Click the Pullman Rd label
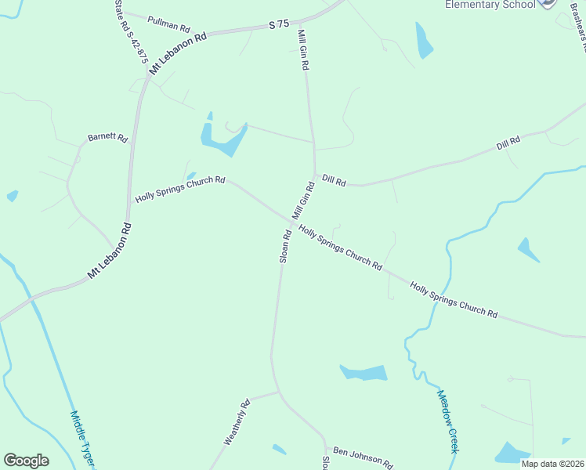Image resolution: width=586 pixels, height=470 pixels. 168,22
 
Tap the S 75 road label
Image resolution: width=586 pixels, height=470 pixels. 279,25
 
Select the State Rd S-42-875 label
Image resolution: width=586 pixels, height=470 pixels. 131,37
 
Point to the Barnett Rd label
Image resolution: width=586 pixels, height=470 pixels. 107,138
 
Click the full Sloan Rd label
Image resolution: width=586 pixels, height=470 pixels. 286,246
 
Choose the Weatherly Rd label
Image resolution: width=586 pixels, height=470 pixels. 237,423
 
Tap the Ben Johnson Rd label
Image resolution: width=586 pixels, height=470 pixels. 363,457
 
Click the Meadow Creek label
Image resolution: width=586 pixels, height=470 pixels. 447,421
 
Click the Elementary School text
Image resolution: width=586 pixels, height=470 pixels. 490,5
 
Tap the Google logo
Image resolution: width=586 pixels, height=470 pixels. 26,461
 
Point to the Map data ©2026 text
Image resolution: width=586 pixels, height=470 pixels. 552,464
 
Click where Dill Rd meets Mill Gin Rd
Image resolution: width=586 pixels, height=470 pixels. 315,175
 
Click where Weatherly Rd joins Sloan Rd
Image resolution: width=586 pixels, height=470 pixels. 278,391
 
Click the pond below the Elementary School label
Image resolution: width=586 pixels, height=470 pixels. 424,41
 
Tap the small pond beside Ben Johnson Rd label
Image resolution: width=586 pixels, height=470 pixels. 279,450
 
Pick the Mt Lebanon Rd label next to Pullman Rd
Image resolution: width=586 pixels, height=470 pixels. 181,49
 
